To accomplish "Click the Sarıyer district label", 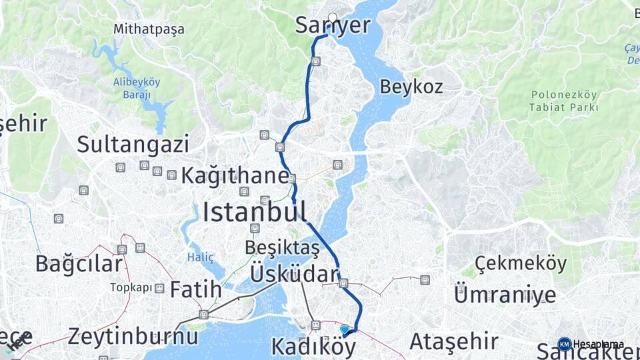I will click(333, 26).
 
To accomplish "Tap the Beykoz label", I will click(411, 87).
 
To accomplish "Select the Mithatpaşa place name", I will click(149, 29).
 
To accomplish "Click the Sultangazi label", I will click(133, 144).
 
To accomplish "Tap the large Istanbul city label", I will click(255, 213).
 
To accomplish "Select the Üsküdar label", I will click(295, 274).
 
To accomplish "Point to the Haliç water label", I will click(200, 257).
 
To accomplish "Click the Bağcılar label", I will click(79, 263).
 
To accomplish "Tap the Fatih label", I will click(195, 289).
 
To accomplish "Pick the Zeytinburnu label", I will click(133, 335).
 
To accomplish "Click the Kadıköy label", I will click(313, 347).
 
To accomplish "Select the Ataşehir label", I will click(453, 341).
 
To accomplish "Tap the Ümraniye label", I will click(505, 294).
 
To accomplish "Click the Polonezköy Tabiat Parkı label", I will click(564, 101).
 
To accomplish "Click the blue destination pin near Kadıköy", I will click(345, 329).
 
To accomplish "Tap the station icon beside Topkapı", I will click(159, 288).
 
